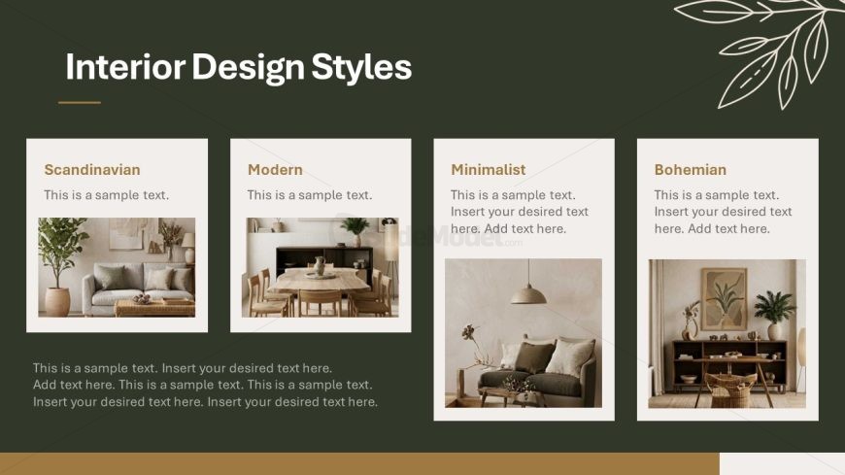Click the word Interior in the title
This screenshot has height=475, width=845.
(x=125, y=66)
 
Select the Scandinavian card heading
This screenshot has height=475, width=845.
(x=92, y=170)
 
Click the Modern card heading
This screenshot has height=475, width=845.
(x=275, y=170)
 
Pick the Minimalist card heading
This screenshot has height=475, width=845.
(x=489, y=170)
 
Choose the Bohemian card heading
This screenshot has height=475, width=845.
(x=691, y=170)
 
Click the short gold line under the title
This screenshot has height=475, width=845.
(x=80, y=102)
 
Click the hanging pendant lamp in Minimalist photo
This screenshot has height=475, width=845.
(x=528, y=294)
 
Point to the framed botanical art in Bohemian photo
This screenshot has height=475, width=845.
(x=724, y=298)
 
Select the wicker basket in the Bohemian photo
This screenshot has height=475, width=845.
(x=730, y=390)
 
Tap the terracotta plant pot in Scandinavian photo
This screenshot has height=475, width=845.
(x=57, y=301)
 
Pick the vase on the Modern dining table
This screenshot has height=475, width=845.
(x=321, y=266)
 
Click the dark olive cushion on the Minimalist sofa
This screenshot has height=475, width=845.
(x=534, y=356)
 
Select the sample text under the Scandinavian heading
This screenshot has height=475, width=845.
(x=106, y=195)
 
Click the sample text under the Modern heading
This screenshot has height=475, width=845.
(x=309, y=195)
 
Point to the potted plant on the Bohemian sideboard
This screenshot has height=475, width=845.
(x=774, y=315)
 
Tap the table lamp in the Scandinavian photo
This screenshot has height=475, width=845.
(x=188, y=248)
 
